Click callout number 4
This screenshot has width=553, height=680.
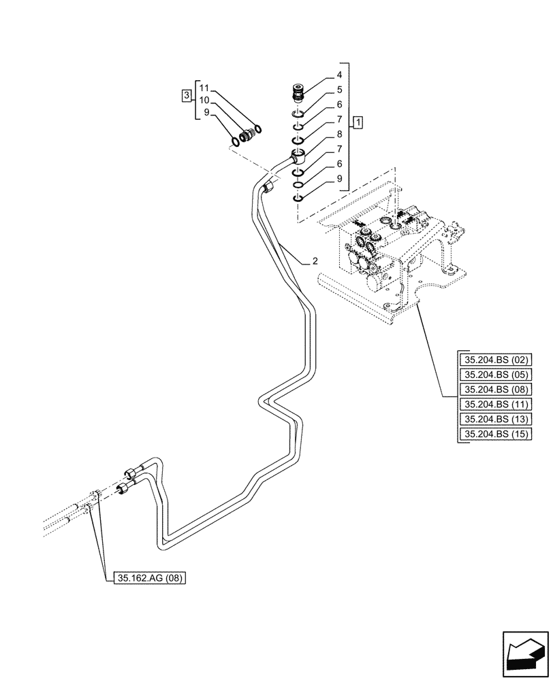pyautogui.click(x=338, y=75)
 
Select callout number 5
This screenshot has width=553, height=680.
pyautogui.click(x=338, y=89)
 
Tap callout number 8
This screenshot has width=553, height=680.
pyautogui.click(x=338, y=135)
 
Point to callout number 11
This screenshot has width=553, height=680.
pyautogui.click(x=204, y=88)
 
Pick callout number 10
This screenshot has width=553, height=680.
pyautogui.click(x=204, y=100)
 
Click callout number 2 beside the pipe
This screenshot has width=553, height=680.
pyautogui.click(x=315, y=260)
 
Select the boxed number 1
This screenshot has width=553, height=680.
pyautogui.click(x=358, y=122)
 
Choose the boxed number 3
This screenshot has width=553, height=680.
pyautogui.click(x=187, y=95)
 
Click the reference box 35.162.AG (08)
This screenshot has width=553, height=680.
pyautogui.click(x=147, y=579)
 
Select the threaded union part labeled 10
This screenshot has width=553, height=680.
pyautogui.click(x=246, y=135)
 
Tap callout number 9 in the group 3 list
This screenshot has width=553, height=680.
pyautogui.click(x=204, y=113)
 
